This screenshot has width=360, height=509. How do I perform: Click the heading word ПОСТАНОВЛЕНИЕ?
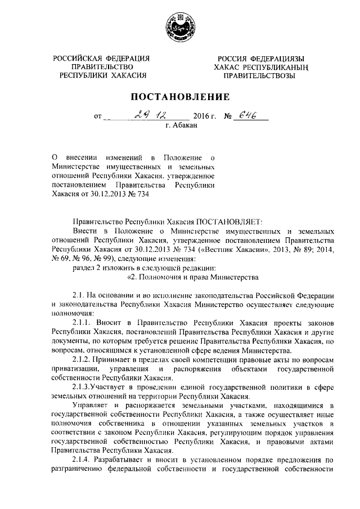click(179, 96)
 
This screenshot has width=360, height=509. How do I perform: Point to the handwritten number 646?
click(246, 116)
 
